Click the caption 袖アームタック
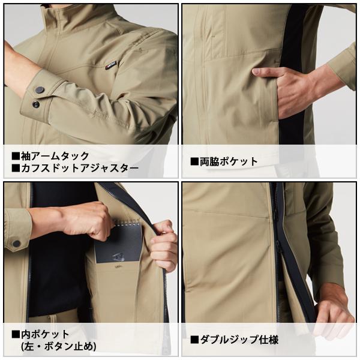click(55, 157)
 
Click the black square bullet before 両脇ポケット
click(194, 161)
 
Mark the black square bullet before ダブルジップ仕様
click(194, 340)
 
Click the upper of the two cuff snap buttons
click(40, 89)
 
